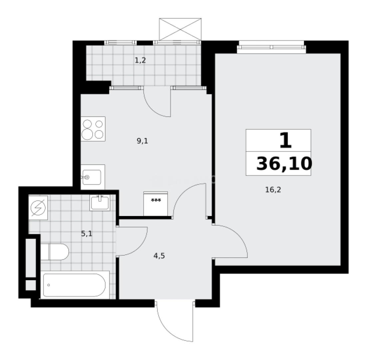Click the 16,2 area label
coord(273,190)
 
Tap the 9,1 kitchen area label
coord(142,141)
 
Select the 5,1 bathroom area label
coord(87,234)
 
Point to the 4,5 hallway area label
coord(159,256)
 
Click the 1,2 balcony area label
coord(140,60)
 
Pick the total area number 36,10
coord(284,164)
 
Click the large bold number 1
coord(285,141)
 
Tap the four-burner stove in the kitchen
coord(93,129)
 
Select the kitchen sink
coord(93,177)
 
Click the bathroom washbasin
coord(99,202)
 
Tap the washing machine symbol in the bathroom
coord(38,208)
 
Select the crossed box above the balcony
coord(180,29)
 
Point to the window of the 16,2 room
coord(271,47)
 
